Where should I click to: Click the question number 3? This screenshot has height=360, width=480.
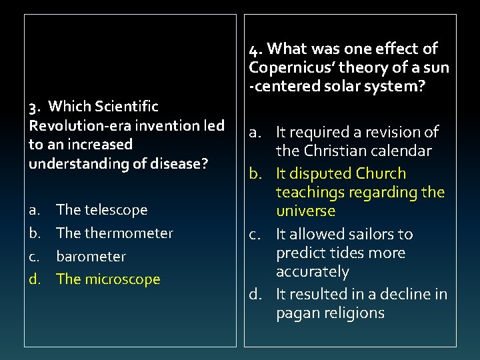(34, 107)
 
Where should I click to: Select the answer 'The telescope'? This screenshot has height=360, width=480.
(102, 210)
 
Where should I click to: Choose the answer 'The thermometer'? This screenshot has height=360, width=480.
(115, 233)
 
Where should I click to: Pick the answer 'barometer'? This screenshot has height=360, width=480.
(91, 257)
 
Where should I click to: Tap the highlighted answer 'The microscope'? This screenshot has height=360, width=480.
(109, 279)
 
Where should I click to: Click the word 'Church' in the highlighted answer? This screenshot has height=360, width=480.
(381, 173)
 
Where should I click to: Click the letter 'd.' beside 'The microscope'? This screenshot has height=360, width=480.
(34, 279)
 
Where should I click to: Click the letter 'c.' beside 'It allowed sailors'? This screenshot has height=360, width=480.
(257, 235)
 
